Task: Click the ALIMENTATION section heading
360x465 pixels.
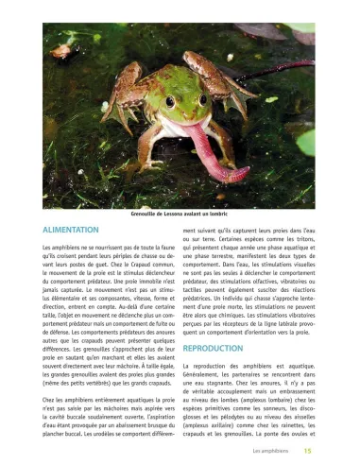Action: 84,230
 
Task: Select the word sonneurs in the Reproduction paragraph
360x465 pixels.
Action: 279,405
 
